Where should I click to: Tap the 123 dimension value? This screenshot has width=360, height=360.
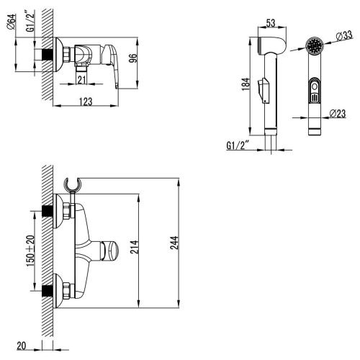(87, 102)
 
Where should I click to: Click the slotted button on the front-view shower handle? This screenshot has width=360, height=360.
(313, 93)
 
